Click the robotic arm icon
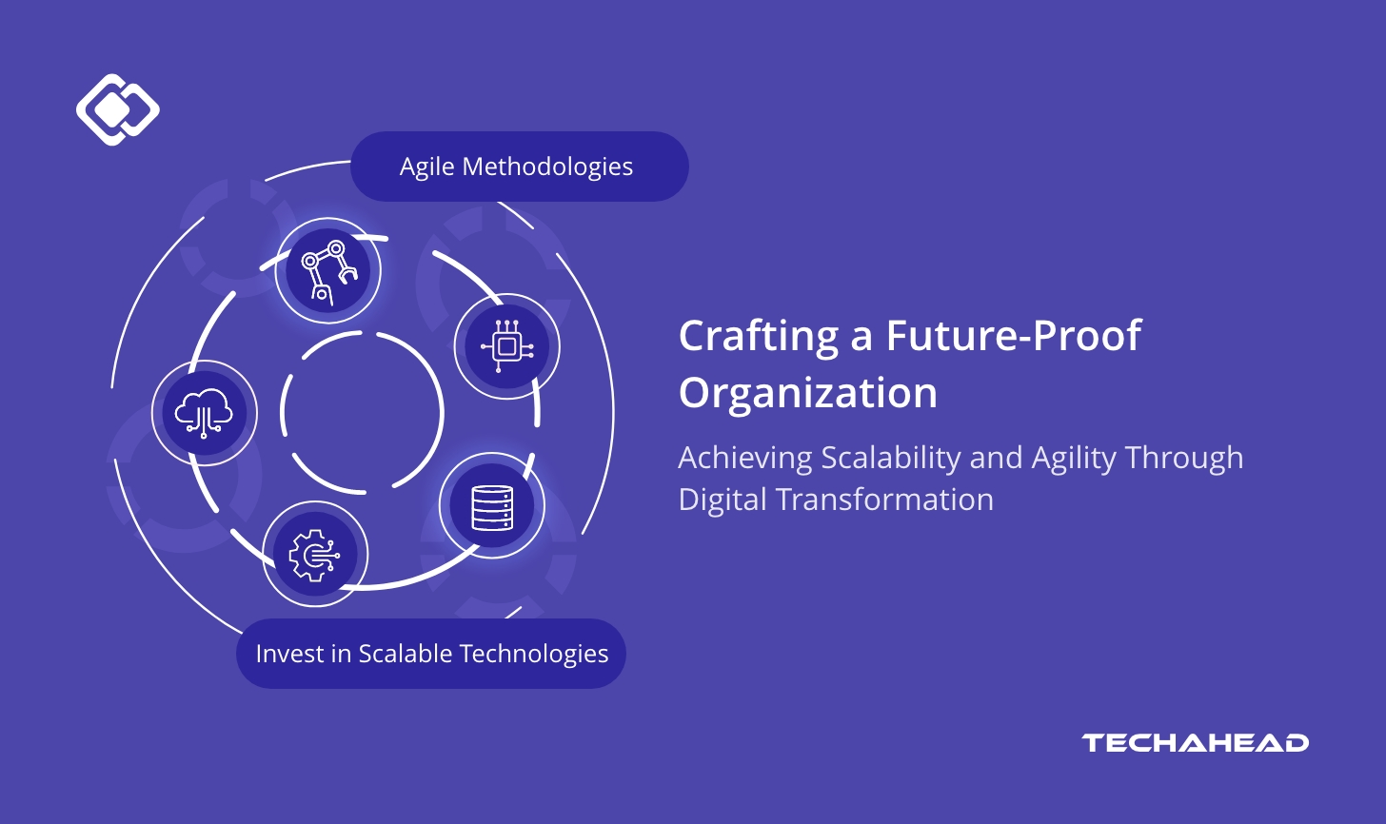point(327,270)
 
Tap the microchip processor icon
point(506,346)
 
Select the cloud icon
point(204,412)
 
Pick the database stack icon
point(492,506)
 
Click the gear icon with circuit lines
point(315,554)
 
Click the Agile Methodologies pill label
point(519,167)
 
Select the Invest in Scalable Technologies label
point(431,654)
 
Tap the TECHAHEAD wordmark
point(1195,743)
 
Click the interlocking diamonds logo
point(117,108)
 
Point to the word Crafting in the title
point(760,337)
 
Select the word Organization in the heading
point(808,393)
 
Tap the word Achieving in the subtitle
point(745,459)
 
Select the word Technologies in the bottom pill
point(533,654)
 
